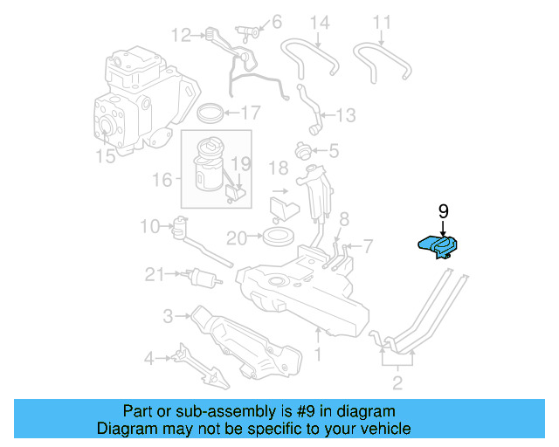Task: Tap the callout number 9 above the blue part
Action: tap(443, 211)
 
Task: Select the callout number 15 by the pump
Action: tap(105, 156)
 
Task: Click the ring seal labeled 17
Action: tap(210, 113)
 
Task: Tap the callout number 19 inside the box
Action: tap(240, 163)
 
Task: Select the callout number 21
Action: tap(155, 274)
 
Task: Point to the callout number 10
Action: tap(149, 227)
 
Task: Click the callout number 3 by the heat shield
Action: tap(167, 315)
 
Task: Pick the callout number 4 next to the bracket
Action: tap(150, 356)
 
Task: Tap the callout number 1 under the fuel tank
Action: tap(318, 354)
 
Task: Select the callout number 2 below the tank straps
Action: tap(397, 382)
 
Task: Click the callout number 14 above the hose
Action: tap(320, 22)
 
